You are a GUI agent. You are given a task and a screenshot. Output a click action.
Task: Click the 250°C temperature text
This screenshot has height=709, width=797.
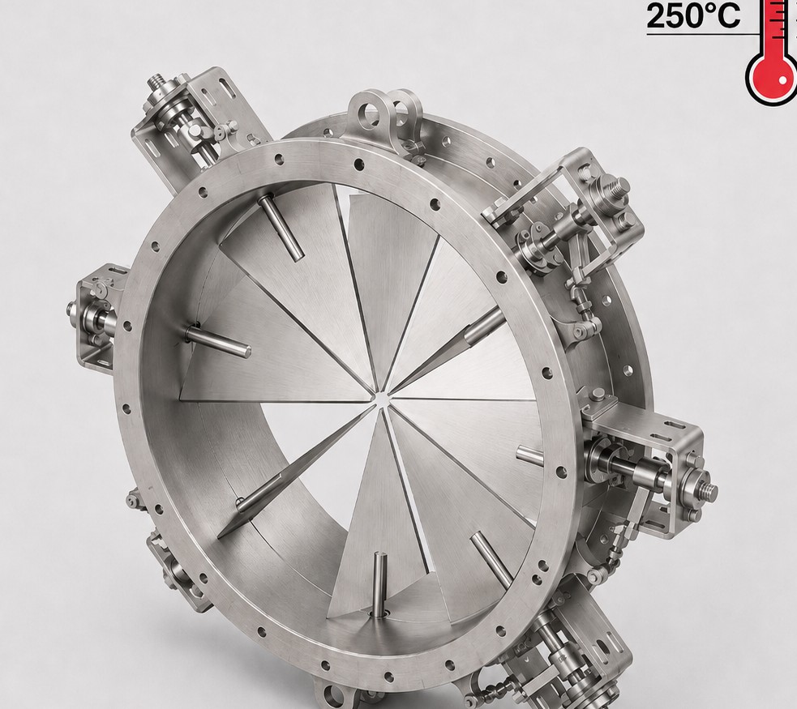coord(692,15)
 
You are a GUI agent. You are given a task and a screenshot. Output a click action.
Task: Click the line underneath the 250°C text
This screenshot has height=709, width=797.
coord(702,34)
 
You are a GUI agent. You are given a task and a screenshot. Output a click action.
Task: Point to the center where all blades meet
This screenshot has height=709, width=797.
coord(381,399)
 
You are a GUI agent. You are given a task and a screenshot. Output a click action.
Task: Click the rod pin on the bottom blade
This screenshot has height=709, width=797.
coord(379,585)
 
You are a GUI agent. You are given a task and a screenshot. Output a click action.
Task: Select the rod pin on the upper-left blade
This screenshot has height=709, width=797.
coord(281,228)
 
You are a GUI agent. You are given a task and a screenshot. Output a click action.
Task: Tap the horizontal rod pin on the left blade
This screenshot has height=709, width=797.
coord(218,341)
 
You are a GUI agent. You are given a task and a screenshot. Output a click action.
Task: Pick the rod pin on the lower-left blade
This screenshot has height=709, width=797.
coord(259,492)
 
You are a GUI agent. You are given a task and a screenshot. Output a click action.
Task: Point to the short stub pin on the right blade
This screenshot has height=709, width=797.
coord(530,455)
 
